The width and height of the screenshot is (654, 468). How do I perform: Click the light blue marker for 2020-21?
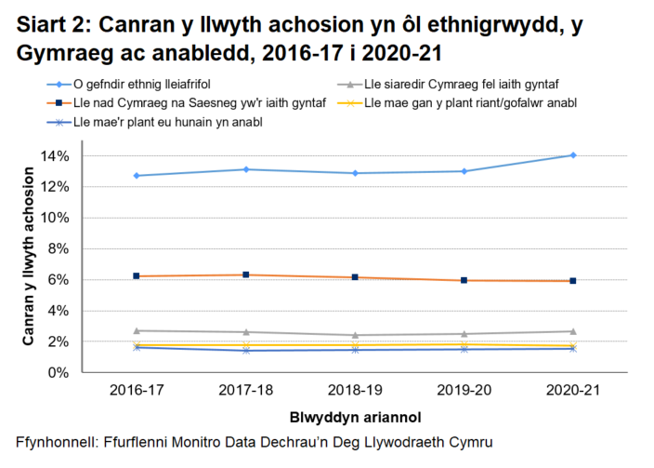tap(573, 155)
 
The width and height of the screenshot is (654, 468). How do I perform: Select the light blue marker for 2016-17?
tap(137, 175)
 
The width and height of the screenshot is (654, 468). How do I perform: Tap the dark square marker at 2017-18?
tap(246, 274)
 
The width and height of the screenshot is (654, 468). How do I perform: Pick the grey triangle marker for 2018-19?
tap(355, 335)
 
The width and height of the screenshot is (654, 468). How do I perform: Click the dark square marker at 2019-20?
tap(464, 280)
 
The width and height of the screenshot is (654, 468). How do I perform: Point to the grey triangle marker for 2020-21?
tap(573, 331)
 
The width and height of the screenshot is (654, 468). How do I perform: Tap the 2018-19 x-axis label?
tap(355, 391)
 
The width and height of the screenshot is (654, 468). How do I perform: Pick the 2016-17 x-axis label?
tap(137, 391)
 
